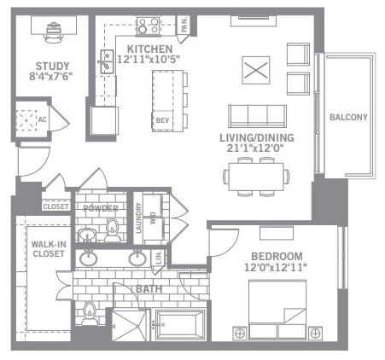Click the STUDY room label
click(52, 67)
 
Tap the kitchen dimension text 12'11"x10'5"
click(149, 59)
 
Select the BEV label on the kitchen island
click(162, 120)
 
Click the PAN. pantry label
click(184, 24)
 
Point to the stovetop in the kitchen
click(148, 26)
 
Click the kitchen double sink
click(107, 61)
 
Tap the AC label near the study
click(42, 119)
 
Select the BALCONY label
click(348, 117)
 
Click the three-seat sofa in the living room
click(258, 116)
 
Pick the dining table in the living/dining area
click(256, 177)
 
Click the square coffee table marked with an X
click(256, 70)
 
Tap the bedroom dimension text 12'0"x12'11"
click(276, 267)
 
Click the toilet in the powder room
click(113, 229)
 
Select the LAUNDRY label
click(138, 218)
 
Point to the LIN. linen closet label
click(160, 258)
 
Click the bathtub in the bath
click(180, 325)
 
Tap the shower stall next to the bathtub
click(130, 326)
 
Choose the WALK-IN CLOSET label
click(49, 249)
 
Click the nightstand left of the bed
click(240, 333)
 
